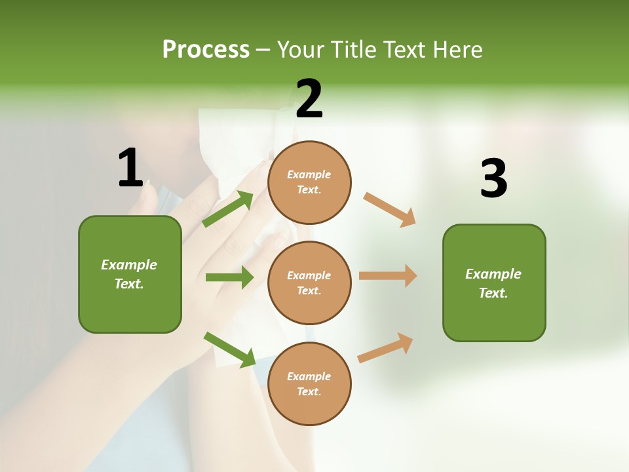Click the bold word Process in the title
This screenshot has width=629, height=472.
point(206,50)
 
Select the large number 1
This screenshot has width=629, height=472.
point(130,168)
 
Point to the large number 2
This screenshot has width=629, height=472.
point(309,100)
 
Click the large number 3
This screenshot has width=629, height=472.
point(493,179)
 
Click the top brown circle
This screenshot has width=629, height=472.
point(309,182)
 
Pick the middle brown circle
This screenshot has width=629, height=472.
point(309,283)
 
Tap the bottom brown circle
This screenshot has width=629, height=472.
point(309,383)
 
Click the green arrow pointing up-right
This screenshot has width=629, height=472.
point(228,209)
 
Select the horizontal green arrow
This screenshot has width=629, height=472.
point(229,277)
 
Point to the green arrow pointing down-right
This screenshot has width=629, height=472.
point(229,349)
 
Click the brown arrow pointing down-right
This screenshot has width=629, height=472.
point(390,209)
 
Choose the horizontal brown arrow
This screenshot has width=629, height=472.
point(388,275)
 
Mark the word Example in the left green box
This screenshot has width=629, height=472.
point(129,265)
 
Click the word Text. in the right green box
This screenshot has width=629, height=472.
point(493,293)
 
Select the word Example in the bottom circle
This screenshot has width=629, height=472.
point(309,376)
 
